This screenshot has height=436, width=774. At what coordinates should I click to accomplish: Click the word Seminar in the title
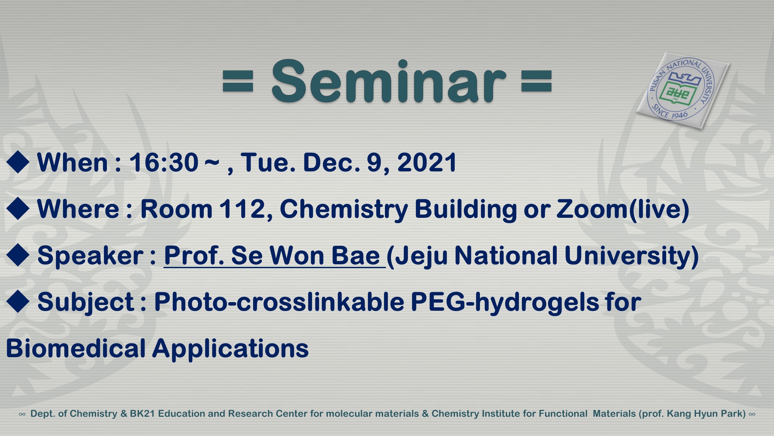(x=388, y=81)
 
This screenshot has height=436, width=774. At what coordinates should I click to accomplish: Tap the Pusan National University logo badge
(x=683, y=91)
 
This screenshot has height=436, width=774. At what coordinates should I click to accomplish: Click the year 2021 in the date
(x=427, y=162)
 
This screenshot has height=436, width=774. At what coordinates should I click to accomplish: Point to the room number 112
(x=243, y=209)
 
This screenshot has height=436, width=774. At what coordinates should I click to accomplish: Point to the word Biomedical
(x=76, y=348)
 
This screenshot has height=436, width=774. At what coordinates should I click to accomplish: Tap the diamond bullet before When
(x=18, y=162)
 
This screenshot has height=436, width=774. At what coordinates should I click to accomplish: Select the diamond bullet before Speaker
(x=18, y=255)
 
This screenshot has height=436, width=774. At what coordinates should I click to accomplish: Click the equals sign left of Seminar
(x=238, y=81)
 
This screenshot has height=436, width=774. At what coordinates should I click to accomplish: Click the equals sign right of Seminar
(x=537, y=81)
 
